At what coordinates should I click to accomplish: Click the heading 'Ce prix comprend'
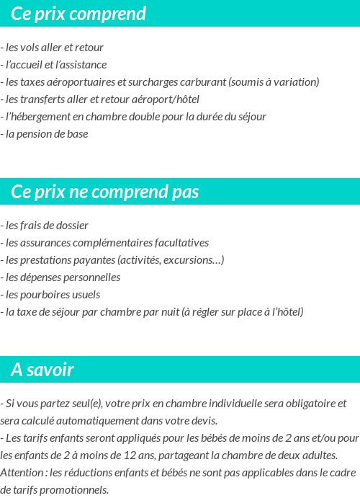78,14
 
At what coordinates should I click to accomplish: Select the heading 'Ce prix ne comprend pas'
105,192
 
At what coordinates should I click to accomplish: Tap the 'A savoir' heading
42,370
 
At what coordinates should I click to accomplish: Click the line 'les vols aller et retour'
54,48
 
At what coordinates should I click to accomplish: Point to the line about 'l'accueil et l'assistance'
55,65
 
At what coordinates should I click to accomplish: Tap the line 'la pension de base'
46,134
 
